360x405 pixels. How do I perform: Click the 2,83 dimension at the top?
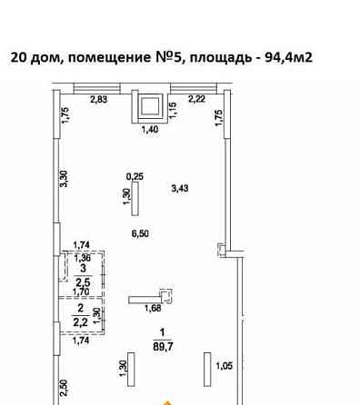click(x=98, y=100)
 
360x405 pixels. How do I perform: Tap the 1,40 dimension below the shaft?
click(x=147, y=131)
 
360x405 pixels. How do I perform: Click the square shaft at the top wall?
click(x=147, y=107)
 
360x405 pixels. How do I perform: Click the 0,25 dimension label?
click(x=135, y=177)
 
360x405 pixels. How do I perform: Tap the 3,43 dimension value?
click(x=181, y=189)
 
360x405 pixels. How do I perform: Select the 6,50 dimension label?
click(x=140, y=234)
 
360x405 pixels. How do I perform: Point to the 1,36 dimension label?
click(x=82, y=258)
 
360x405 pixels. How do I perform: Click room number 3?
click(x=82, y=269)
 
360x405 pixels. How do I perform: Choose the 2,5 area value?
click(x=82, y=282)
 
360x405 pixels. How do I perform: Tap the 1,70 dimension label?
click(x=81, y=292)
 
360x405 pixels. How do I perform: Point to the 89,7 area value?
click(x=163, y=346)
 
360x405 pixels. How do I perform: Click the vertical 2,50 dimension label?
click(x=64, y=389)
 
